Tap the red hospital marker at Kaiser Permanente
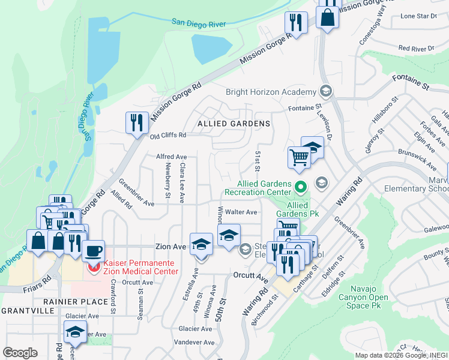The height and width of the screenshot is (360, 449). click(93, 266)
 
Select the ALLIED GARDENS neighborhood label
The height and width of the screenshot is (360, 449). click(234, 123)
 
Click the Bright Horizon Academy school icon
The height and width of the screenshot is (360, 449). click(326, 92)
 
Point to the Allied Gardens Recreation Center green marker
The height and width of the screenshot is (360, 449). click(301, 188)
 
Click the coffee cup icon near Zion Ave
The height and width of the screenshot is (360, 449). click(93, 251)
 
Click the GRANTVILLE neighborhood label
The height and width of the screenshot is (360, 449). click(25, 311)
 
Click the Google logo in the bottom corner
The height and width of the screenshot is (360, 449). click(19, 352)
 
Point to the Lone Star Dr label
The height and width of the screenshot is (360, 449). click(418, 16)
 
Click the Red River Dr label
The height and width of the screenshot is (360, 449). click(416, 48)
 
